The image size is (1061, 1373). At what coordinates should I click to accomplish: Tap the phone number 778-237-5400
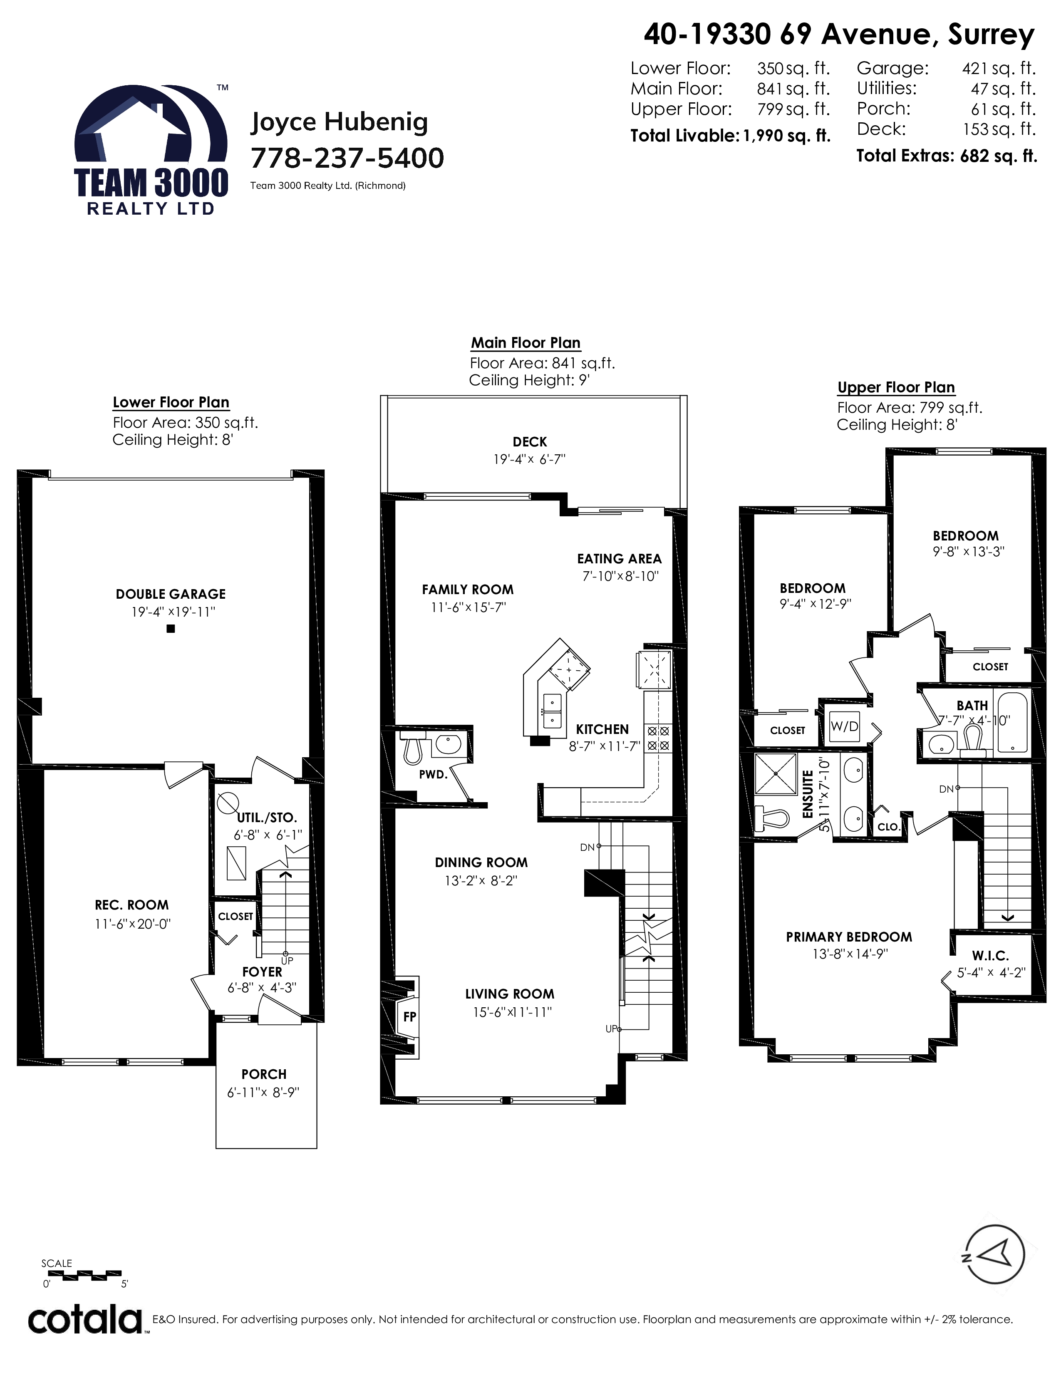click(347, 158)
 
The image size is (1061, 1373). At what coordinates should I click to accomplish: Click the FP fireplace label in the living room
click(409, 1016)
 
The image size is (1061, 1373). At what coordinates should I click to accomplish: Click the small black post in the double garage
click(170, 628)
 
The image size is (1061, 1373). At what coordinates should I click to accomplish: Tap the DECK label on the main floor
click(530, 442)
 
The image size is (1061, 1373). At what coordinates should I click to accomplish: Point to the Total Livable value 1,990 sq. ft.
click(787, 136)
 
